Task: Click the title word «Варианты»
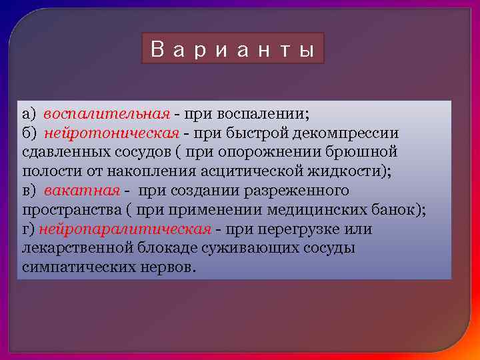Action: click(233, 49)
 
